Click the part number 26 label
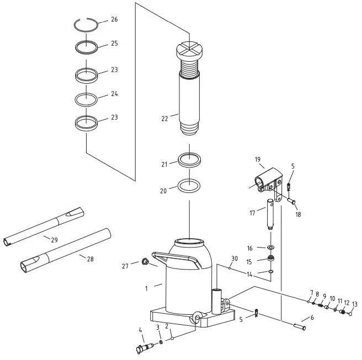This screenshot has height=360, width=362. point(114,19)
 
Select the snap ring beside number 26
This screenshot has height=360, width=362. point(87,24)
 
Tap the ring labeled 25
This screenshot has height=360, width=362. point(87,46)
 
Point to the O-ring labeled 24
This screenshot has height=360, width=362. point(87,99)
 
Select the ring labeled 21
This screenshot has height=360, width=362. point(189,160)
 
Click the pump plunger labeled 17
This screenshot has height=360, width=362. point(271,213)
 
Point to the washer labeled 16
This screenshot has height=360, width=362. point(271,248)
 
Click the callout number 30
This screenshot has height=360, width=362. point(235,259)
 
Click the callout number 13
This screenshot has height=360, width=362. point(354,304)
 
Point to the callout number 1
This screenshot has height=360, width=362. point(147,288)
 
